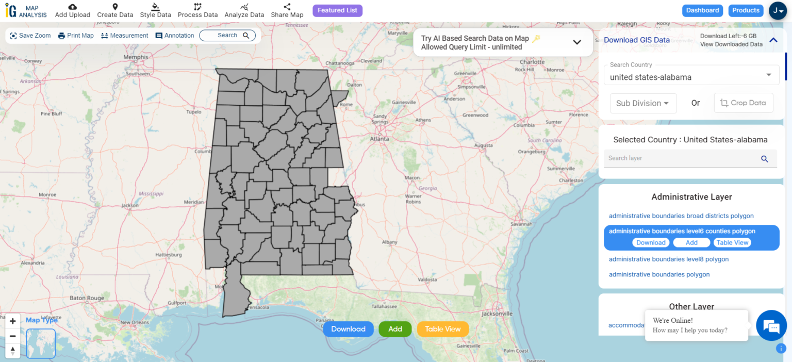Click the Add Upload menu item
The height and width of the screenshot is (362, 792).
pyautogui.click(x=72, y=10)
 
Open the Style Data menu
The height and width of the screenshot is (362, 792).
pyautogui.click(x=155, y=10)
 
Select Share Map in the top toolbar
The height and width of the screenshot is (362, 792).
pyautogui.click(x=287, y=10)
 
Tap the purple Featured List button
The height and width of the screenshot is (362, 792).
pyautogui.click(x=337, y=10)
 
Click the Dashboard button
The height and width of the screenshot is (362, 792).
pyautogui.click(x=702, y=10)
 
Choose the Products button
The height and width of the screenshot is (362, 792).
pyautogui.click(x=746, y=10)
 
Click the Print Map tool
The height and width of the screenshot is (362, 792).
pyautogui.click(x=76, y=36)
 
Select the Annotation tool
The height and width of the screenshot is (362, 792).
pyautogui.click(x=175, y=36)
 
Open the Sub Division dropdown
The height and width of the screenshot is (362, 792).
pyautogui.click(x=643, y=103)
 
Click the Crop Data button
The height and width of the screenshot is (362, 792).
pyautogui.click(x=743, y=103)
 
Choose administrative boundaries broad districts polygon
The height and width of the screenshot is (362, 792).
pyautogui.click(x=681, y=216)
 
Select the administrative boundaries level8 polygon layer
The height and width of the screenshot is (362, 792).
pyautogui.click(x=669, y=259)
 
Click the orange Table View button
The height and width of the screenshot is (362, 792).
pyautogui.click(x=443, y=329)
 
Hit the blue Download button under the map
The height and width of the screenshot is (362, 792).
pyautogui.click(x=348, y=329)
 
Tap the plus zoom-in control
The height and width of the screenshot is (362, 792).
pyautogui.click(x=13, y=321)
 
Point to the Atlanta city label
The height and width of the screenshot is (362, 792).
pyautogui.click(x=379, y=139)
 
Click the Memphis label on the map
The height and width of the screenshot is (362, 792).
pyautogui.click(x=136, y=57)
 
